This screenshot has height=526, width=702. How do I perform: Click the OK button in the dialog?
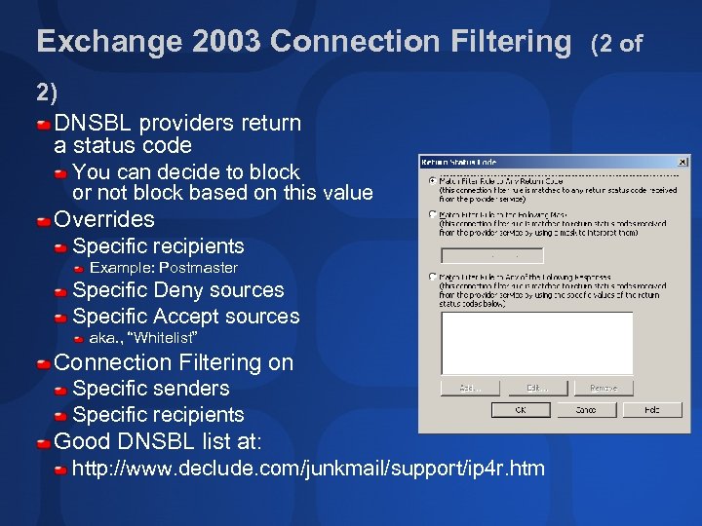click(x=521, y=410)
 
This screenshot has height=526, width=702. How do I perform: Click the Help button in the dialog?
click(x=654, y=410)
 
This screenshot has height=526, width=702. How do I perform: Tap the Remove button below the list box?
click(x=603, y=388)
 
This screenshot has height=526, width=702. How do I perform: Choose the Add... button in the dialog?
click(x=470, y=388)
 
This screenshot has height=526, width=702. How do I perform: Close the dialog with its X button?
click(x=682, y=162)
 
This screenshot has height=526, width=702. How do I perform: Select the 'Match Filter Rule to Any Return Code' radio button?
click(x=432, y=181)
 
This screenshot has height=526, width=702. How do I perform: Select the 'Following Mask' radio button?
click(x=432, y=214)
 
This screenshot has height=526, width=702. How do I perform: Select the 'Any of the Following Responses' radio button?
click(x=432, y=277)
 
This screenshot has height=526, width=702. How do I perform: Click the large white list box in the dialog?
click(x=536, y=342)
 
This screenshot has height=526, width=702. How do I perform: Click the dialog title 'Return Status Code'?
click(x=458, y=162)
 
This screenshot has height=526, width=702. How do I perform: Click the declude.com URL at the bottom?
click(x=308, y=469)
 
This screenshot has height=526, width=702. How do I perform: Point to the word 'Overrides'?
click(x=104, y=219)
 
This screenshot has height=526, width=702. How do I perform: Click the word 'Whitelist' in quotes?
click(x=166, y=338)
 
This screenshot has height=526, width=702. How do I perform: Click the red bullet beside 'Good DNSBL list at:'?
click(x=44, y=442)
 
